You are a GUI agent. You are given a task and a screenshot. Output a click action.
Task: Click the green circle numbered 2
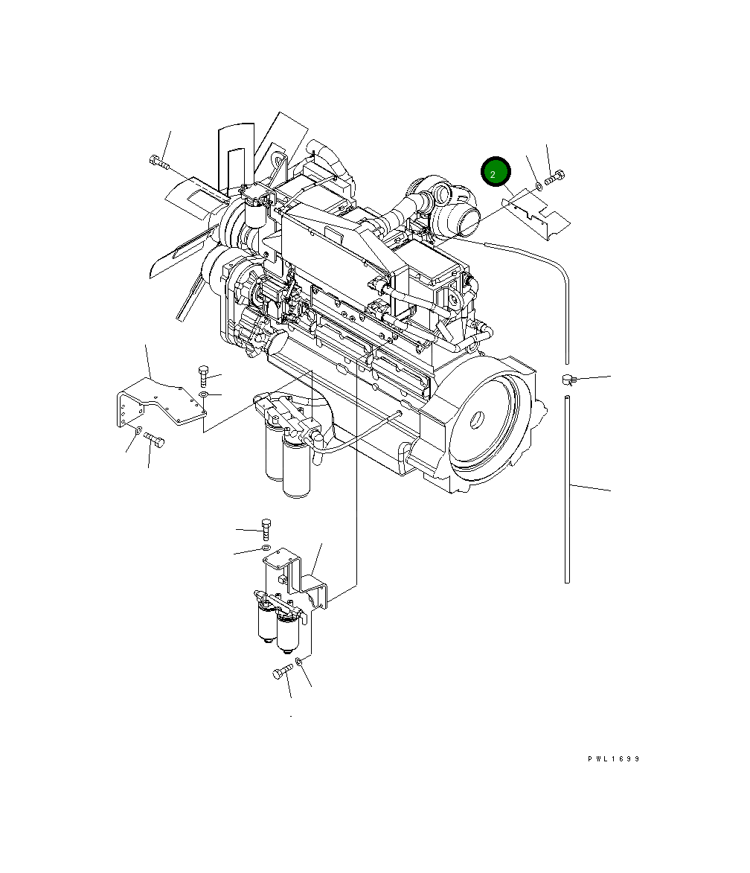point(496,171)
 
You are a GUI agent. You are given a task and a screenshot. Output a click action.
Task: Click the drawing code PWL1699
point(614,758)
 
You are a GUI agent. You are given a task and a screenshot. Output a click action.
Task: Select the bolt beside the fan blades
point(159,162)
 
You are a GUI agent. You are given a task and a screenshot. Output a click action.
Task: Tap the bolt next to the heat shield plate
point(554,178)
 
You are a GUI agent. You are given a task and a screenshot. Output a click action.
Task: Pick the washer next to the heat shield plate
point(539,185)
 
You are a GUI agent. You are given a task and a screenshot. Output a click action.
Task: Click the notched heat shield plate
point(536,214)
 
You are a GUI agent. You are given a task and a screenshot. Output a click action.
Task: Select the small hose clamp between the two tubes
point(568,380)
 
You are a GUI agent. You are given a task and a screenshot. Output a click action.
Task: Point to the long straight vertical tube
point(567,490)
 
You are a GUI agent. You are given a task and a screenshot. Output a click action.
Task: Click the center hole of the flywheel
point(476,419)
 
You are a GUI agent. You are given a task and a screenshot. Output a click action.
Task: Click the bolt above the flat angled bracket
point(203,376)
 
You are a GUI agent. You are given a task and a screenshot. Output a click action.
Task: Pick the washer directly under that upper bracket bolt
point(203,394)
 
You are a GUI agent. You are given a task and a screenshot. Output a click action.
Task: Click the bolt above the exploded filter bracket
point(266,529)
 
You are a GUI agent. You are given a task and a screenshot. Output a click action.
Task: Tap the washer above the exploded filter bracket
point(266,549)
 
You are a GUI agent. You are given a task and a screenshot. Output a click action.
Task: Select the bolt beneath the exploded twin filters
point(283,671)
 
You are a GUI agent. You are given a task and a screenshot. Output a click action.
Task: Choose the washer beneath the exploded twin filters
point(299,662)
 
